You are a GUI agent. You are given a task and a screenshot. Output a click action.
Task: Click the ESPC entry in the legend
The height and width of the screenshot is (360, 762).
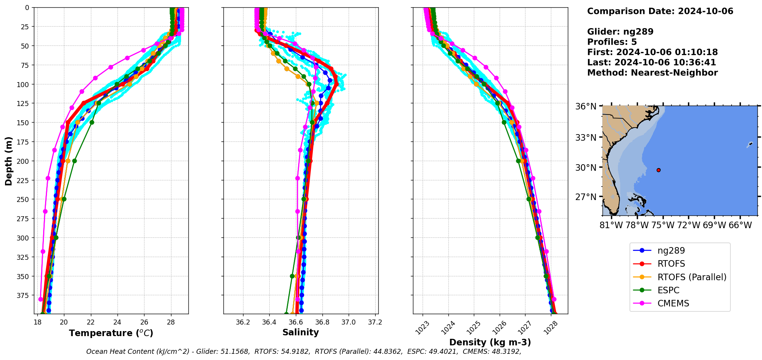tap(668, 290)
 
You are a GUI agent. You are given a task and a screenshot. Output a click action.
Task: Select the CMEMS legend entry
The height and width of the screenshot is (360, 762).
tap(673, 303)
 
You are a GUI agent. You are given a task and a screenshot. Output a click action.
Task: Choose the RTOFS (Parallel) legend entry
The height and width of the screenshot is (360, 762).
tap(692, 277)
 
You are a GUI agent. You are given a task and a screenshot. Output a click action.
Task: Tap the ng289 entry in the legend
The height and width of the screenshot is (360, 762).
tap(671, 251)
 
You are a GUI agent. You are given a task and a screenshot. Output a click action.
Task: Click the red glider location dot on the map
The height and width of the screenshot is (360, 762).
tap(658, 170)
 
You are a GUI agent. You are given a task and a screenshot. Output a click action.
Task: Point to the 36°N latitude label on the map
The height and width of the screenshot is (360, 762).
tap(586, 106)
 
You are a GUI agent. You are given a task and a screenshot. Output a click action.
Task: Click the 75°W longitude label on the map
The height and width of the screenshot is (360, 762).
tap(663, 225)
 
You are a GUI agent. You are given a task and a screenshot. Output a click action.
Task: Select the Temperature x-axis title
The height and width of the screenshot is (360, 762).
tap(111, 333)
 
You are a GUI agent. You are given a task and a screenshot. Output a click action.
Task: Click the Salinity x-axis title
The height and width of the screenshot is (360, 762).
tap(300, 332)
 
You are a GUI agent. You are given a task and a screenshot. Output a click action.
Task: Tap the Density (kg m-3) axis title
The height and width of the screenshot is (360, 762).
tap(490, 342)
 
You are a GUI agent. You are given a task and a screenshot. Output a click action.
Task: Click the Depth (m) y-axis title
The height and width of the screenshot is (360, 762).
tap(8, 161)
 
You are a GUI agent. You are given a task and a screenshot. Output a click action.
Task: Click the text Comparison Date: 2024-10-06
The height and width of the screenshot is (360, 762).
tap(660, 11)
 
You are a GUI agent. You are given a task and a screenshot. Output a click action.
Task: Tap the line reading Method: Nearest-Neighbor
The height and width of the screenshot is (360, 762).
tap(652, 73)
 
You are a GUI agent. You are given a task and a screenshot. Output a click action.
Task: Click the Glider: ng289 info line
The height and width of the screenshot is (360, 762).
tap(620, 32)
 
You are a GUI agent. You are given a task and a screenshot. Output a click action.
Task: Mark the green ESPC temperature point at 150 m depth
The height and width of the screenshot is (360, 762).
tap(92, 122)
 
